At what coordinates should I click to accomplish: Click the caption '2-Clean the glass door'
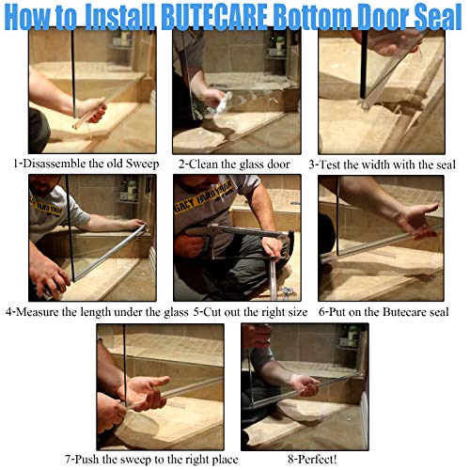(x=233, y=163)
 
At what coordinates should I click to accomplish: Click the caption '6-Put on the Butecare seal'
(x=387, y=311)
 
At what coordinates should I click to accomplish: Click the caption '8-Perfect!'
(x=300, y=459)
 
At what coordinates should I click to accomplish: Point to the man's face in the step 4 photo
(x=42, y=188)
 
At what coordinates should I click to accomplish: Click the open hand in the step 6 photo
(x=415, y=222)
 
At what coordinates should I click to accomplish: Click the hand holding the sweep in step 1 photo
(x=89, y=108)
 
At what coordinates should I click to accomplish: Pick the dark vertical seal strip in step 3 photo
(x=363, y=75)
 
